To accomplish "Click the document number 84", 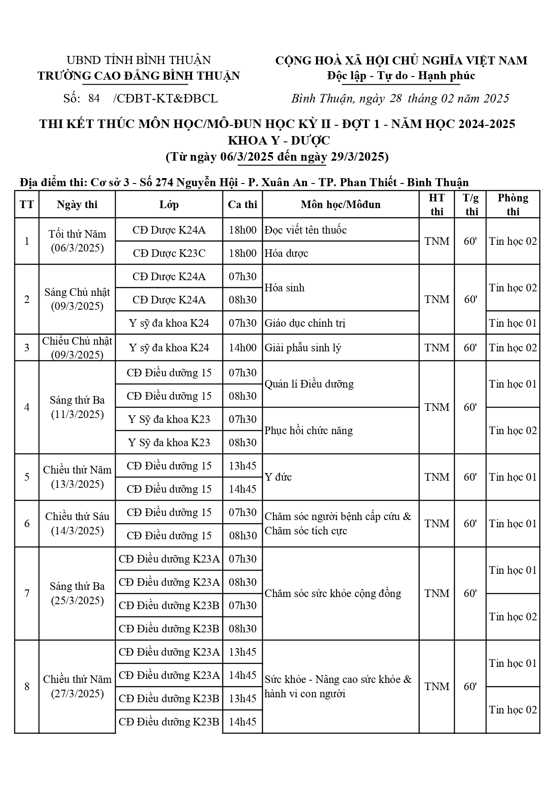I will point(94,98).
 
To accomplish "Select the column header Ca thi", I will point(242,205).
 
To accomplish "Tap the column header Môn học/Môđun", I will point(341,205).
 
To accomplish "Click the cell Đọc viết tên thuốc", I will point(306,230).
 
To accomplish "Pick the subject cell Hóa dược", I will point(286,253).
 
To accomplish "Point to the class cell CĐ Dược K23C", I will point(169,253).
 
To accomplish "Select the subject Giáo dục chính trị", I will point(305,323).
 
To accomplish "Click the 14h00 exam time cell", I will point(242,348).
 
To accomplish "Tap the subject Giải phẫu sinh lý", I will point(303,348).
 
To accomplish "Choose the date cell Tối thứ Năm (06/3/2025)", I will point(77,241).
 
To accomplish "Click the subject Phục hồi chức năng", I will point(308,431).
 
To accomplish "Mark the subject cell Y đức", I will point(278,477).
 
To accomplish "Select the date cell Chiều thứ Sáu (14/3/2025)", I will point(77,524).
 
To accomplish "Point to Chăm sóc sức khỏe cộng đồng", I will point(333,593).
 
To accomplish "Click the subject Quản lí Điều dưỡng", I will point(309,384).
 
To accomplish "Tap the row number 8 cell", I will point(27,687).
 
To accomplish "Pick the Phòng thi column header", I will point(513,205).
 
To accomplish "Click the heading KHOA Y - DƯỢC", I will point(279,141).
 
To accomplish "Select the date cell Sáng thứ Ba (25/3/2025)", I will point(77,593).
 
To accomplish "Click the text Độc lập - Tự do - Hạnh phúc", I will point(401,76).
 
